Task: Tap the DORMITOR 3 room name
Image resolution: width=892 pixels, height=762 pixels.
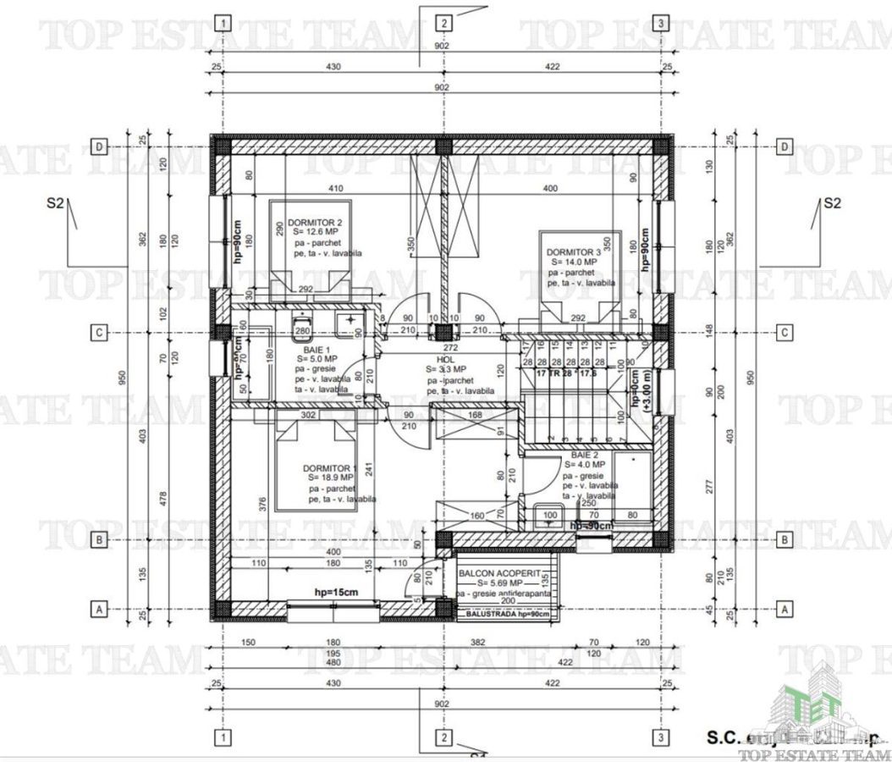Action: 573,252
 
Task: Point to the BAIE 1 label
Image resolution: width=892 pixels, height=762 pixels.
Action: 317,348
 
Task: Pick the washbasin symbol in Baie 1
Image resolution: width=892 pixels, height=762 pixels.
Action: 347,323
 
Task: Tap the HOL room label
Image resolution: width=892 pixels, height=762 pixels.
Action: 445,359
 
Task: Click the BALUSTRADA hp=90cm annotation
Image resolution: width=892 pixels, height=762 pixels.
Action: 504,614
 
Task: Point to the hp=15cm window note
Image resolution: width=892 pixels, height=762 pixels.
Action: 334,592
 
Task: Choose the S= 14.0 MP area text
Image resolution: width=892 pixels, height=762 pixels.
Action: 572,262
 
